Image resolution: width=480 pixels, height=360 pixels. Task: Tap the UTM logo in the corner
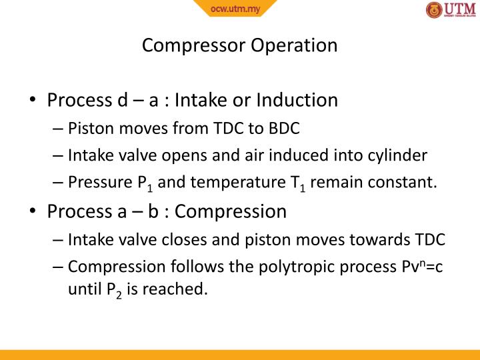[x=451, y=11]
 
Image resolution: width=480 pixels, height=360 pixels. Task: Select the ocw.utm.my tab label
[x=235, y=9]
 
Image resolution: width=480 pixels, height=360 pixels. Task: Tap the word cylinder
[x=397, y=155]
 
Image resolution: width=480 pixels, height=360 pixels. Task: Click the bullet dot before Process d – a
[x=32, y=101]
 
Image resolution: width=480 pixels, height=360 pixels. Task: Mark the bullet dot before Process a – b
[x=32, y=213]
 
